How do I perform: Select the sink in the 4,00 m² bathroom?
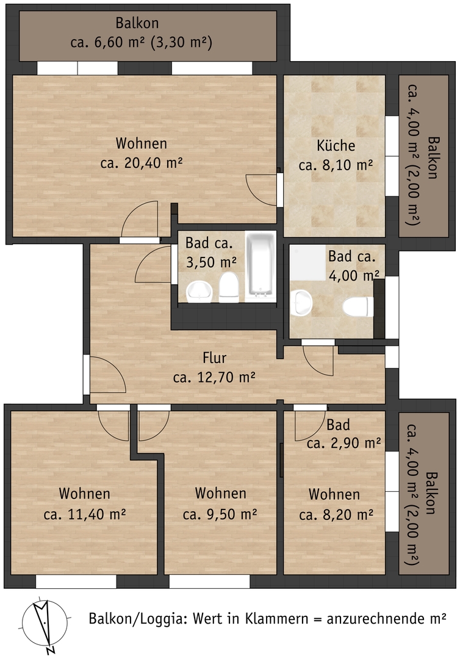pyautogui.click(x=301, y=303)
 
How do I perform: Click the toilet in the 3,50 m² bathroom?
pyautogui.click(x=229, y=287)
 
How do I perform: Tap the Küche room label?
pyautogui.click(x=336, y=145)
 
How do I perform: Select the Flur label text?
pyautogui.click(x=214, y=358)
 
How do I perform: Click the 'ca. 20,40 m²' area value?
pyautogui.click(x=141, y=163)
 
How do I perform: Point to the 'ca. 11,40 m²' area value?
pyautogui.click(x=85, y=514)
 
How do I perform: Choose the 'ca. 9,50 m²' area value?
pyautogui.click(x=220, y=514)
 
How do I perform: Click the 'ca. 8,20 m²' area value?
pyautogui.click(x=336, y=514)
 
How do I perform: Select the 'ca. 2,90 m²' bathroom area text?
pyautogui.click(x=343, y=442)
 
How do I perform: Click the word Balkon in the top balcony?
pyautogui.click(x=137, y=23)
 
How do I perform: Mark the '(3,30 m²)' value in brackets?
pyautogui.click(x=182, y=43)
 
